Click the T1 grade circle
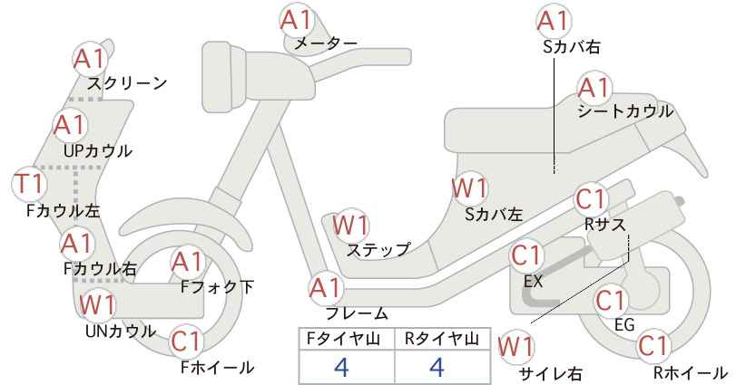(29, 184)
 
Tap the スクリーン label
(127, 83)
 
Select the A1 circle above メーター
(296, 21)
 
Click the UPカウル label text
(97, 151)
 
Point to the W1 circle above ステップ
(350, 225)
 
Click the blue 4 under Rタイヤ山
(437, 367)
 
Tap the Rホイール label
(690, 372)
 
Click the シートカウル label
(625, 111)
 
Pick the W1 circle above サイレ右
(515, 347)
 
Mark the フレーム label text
(357, 313)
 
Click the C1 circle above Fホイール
(188, 341)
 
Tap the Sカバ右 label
(572, 46)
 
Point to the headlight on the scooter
(223, 77)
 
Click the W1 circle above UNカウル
(97, 303)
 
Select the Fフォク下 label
(217, 287)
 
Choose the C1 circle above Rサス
(591, 199)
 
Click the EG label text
(624, 324)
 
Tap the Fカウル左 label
(63, 211)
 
